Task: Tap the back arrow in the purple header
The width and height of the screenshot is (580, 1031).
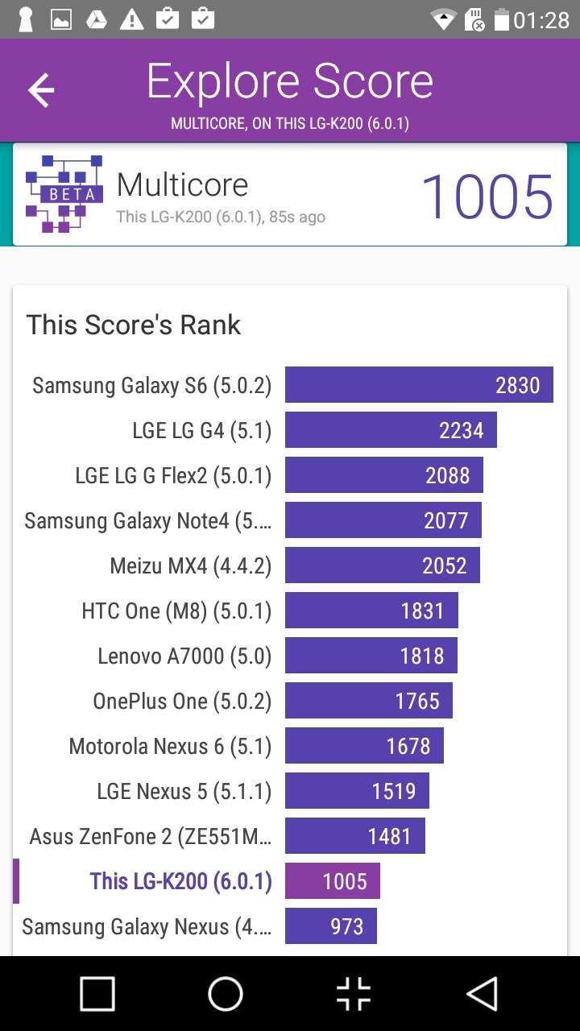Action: click(41, 90)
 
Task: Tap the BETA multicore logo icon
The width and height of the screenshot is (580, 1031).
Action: click(64, 194)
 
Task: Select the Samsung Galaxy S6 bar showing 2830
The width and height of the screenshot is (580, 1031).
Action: click(419, 385)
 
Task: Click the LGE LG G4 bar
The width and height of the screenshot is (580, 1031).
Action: click(391, 430)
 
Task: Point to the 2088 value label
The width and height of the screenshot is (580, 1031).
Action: click(447, 475)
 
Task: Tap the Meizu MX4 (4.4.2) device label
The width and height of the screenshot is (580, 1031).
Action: click(191, 566)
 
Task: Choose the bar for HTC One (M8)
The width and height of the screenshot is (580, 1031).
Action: click(371, 611)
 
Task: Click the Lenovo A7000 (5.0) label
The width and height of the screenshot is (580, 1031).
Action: click(184, 656)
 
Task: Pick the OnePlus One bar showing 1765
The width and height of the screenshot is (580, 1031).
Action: click(369, 701)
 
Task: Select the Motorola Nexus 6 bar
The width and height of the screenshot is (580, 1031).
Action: click(364, 746)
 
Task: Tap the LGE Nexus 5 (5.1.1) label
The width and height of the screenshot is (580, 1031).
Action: click(184, 792)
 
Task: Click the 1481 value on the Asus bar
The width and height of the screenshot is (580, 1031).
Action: click(389, 836)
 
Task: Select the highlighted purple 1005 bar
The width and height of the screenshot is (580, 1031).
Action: click(333, 881)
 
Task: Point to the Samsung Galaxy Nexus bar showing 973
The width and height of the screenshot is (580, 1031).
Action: click(331, 926)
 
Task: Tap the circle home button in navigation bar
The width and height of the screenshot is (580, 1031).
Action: click(226, 994)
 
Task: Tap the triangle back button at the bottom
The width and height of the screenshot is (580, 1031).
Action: click(483, 994)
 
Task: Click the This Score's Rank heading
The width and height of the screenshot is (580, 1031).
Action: click(134, 325)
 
